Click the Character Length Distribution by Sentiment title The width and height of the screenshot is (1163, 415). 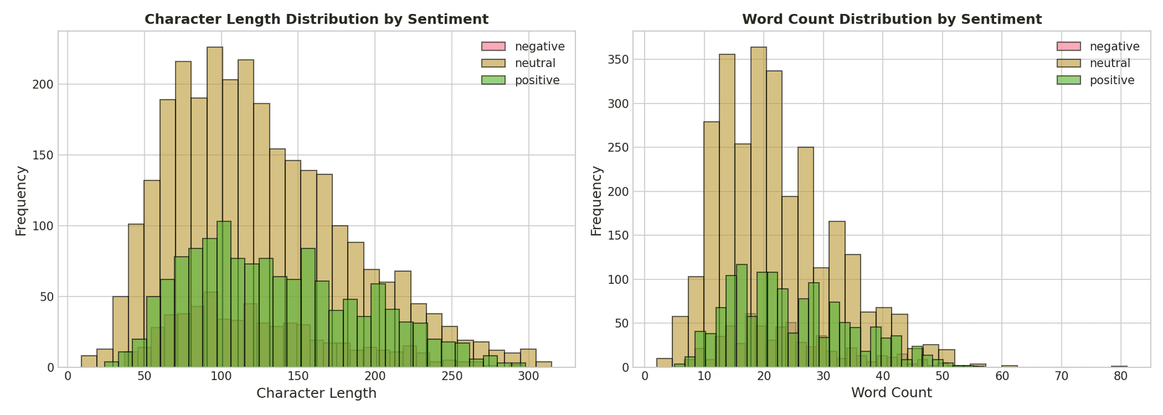click(316, 19)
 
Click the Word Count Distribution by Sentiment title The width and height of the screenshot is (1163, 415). click(892, 19)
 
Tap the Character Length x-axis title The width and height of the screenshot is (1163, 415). click(316, 393)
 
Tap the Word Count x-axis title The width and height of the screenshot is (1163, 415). click(892, 393)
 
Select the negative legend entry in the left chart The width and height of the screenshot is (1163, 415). click(539, 47)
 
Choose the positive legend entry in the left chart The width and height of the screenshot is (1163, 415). click(537, 80)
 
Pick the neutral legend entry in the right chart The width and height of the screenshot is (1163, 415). click(1110, 64)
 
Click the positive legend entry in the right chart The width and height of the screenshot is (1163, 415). click(1112, 80)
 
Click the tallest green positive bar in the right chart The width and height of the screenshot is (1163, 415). click(741, 315)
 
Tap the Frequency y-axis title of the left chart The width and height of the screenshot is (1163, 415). click(21, 201)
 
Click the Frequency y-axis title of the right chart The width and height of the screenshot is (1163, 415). click(597, 201)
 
